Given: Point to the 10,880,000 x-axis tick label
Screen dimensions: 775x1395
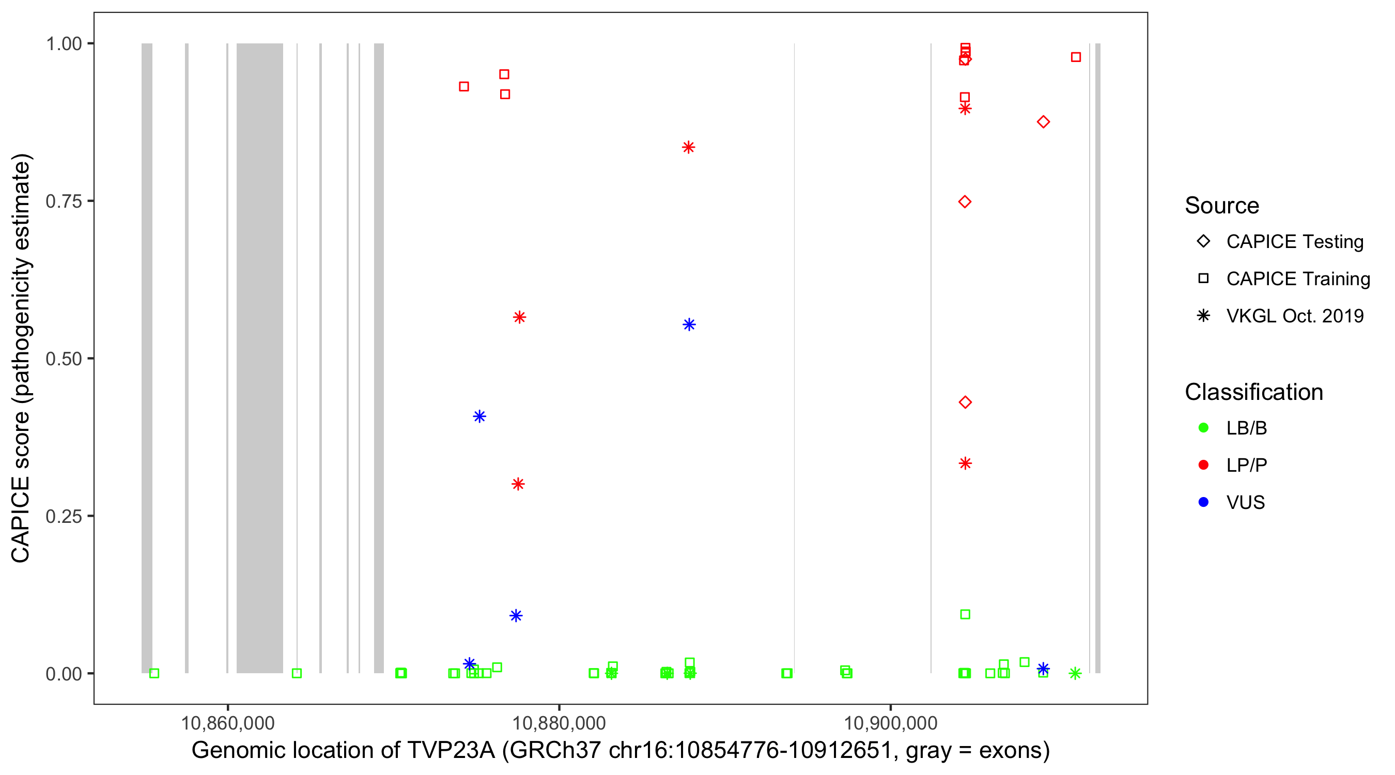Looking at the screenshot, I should coord(559,723).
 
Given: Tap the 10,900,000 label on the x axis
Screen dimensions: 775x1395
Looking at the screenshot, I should coord(890,723).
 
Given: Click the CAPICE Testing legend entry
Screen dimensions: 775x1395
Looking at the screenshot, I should coord(1294,242).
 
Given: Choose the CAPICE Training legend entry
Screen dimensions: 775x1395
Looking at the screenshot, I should coord(1297,279).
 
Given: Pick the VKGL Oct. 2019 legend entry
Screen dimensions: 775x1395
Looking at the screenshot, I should coord(1294,316).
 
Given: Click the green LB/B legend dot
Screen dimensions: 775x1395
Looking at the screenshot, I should coord(1203,428).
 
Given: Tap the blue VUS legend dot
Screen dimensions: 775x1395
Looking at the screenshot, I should coord(1203,502).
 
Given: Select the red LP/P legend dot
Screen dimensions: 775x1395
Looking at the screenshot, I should coord(1203,465).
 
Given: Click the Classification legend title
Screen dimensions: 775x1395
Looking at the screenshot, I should coord(1253,392).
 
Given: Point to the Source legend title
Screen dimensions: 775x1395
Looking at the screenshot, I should coord(1222,206).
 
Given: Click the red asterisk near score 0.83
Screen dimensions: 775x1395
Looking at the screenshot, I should coord(688,147).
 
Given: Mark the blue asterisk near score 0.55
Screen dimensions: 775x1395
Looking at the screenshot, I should coord(689,324).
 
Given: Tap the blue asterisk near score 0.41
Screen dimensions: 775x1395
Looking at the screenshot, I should coord(479,416).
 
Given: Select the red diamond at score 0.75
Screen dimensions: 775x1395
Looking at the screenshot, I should coord(965,202).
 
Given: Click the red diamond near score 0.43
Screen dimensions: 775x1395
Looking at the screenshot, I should coord(965,402).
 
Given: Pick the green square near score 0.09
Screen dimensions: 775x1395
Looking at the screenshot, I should coord(965,614).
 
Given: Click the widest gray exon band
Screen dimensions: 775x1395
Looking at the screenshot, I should coord(259,358).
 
